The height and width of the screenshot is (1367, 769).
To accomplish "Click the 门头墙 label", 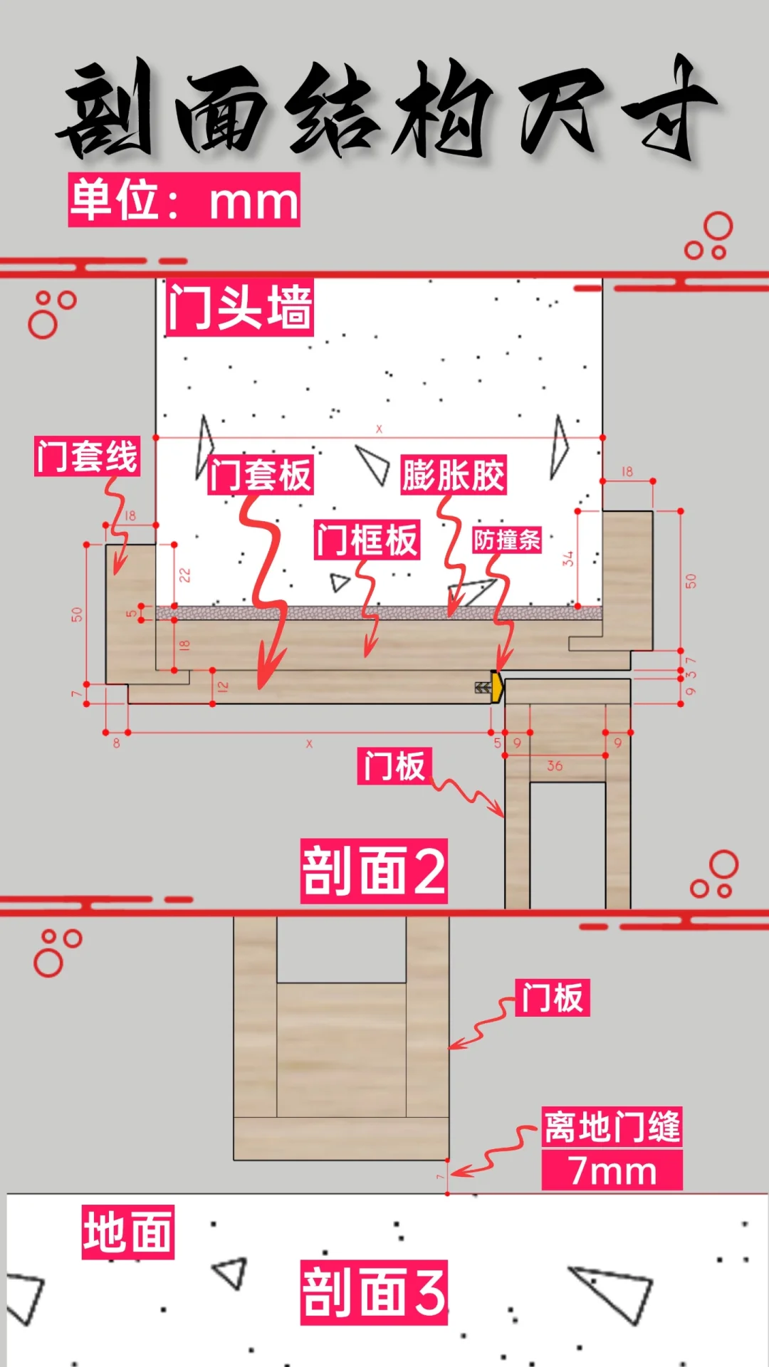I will (x=239, y=307).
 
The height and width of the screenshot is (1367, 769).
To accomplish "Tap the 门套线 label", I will (x=87, y=456).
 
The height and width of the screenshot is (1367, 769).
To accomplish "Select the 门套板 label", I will (x=261, y=475).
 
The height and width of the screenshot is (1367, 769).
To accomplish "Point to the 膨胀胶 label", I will (x=454, y=475).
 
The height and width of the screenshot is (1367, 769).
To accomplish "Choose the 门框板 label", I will (x=367, y=539).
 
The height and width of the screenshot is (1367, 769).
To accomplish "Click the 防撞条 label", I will (x=507, y=540).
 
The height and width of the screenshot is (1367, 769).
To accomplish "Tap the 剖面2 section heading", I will (x=374, y=871).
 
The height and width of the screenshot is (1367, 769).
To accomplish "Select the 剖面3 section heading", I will (x=374, y=1292).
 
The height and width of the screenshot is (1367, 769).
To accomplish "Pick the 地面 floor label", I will (x=128, y=1232).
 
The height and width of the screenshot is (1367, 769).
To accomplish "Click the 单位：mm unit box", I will (x=184, y=200).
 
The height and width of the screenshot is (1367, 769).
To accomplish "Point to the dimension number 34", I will (x=567, y=559).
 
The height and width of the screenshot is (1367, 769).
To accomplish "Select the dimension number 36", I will (x=555, y=766).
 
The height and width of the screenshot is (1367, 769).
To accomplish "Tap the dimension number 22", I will (x=184, y=575).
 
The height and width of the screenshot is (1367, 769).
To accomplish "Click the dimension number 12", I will (x=223, y=687).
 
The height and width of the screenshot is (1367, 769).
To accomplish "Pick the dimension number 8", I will (x=116, y=743).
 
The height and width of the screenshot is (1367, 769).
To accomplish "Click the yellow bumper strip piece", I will (x=496, y=687).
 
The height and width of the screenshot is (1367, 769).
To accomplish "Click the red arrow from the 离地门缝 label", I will (x=491, y=1153).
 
